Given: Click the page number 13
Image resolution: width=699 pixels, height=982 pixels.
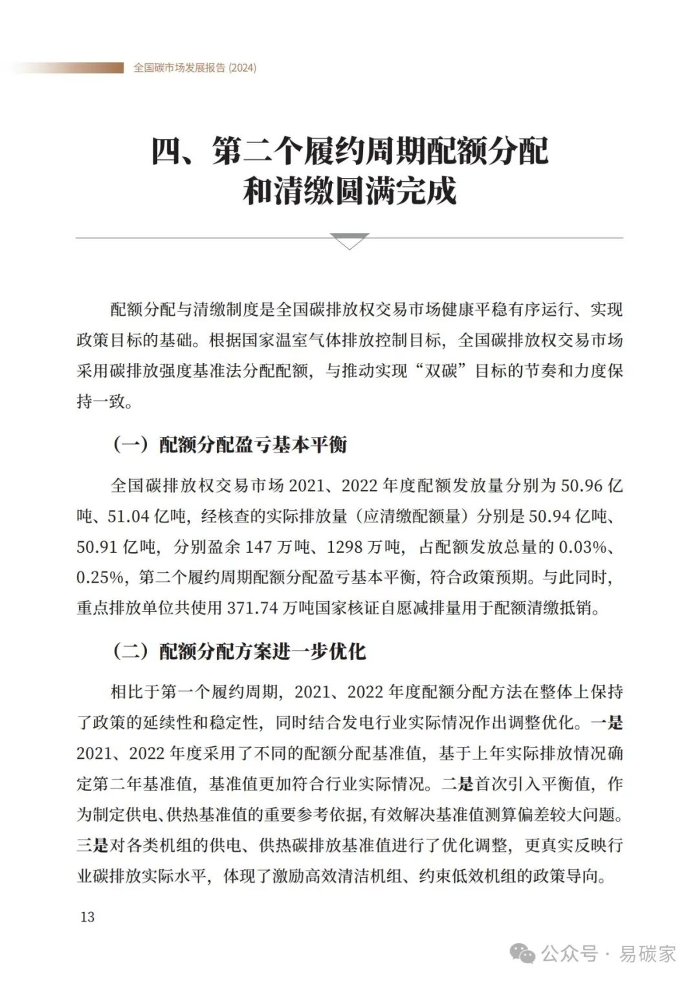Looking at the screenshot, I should point(87,916).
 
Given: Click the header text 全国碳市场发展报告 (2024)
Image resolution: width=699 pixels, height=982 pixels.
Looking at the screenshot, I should point(195,68).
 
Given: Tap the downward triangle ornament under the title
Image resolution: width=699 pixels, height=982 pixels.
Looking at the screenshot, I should point(349,241).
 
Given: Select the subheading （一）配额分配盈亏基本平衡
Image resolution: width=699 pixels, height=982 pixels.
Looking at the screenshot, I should point(230,445).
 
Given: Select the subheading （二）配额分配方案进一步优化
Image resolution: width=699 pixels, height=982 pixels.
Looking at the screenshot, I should point(239,651).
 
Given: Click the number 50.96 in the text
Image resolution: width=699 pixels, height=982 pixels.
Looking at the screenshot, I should point(582,485).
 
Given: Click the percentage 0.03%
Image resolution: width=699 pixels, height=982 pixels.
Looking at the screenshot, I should point(582,547).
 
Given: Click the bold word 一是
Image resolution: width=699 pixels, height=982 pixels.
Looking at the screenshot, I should point(606,722).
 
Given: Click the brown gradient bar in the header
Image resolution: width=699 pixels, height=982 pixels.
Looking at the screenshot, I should point(65,68).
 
